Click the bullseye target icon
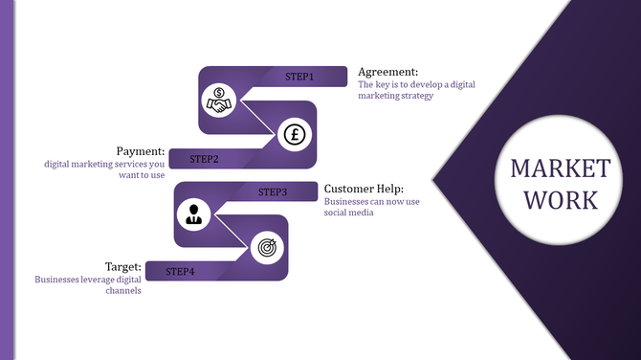[x=265, y=248]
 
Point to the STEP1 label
[x=299, y=76]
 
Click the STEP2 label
[x=205, y=159]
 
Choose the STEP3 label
[x=273, y=192]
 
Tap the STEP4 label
[x=180, y=272]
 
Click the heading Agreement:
[x=387, y=72]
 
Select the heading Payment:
[x=141, y=151]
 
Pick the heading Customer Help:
[x=364, y=189]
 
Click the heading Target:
[x=124, y=266]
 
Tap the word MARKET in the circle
[x=560, y=169]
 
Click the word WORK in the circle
[x=560, y=201]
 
